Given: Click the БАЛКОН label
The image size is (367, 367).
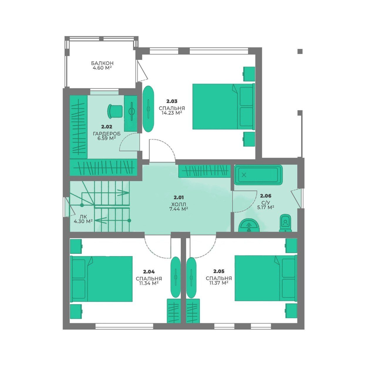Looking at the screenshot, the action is (102, 63).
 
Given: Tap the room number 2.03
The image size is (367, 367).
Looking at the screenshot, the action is (172, 101).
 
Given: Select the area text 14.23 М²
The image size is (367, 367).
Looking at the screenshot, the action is (172, 113).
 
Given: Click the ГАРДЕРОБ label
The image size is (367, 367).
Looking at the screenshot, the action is (107, 134).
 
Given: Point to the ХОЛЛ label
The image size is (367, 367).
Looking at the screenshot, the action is (179, 205).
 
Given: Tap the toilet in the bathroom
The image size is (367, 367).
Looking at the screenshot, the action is (286, 223).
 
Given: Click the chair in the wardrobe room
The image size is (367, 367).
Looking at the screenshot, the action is (115, 111).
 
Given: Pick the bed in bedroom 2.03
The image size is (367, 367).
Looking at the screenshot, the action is (224, 106).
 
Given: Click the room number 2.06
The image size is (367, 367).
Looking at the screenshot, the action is (266, 196).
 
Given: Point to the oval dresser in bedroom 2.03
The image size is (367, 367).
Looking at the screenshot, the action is (148, 109).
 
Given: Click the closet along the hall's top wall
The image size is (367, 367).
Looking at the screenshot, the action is (204, 171).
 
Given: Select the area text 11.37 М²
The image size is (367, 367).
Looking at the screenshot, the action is (219, 283).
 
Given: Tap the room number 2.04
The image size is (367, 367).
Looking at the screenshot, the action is (149, 272).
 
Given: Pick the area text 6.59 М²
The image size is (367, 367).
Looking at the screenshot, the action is (107, 139).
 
